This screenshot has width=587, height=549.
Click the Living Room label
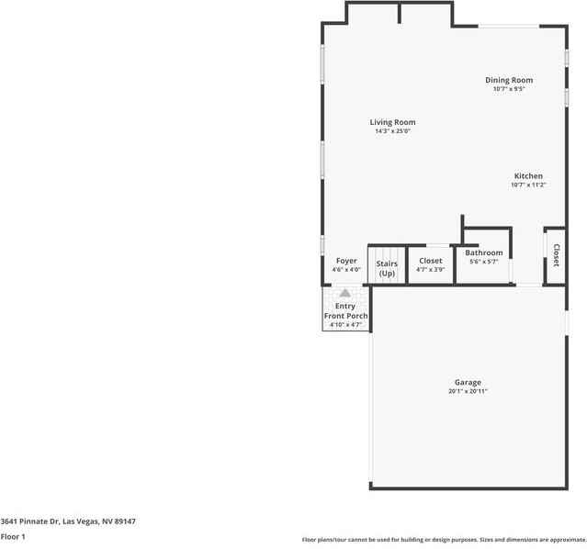tap(392, 122)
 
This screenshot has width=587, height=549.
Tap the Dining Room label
tap(509, 80)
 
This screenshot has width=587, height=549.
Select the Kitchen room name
tap(528, 176)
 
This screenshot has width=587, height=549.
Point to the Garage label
tap(468, 382)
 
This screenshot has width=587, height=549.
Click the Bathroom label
tap(483, 252)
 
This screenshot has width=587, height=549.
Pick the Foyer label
tap(345, 261)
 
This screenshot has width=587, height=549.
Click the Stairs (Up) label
tap(387, 268)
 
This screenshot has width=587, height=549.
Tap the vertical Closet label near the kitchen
tap(557, 252)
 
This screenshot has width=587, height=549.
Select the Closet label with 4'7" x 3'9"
tap(430, 261)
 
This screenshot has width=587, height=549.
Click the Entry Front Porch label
tap(345, 310)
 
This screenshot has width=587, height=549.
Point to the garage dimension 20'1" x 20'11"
tap(468, 391)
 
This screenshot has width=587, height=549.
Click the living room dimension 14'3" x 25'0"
tap(392, 131)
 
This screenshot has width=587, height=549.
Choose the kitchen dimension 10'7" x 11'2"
tap(528, 185)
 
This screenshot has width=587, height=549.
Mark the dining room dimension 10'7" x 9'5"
tap(509, 89)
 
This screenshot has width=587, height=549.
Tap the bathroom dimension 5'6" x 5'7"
tap(483, 262)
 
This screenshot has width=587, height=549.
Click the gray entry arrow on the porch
tap(345, 293)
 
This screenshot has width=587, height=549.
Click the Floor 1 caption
tap(13, 536)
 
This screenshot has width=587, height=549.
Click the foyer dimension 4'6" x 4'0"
tap(345, 270)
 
